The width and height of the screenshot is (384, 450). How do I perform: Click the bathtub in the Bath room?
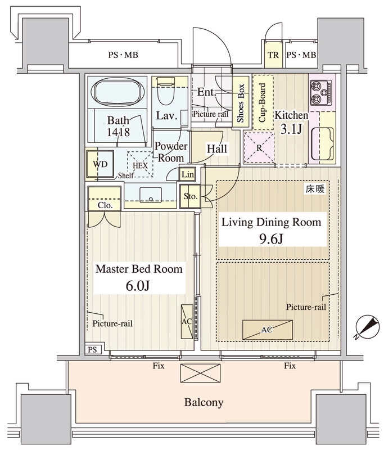pos(117,93)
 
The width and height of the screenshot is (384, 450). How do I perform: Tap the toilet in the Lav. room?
pos(166,91)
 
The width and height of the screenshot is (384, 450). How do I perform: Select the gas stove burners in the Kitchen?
pos(321,93)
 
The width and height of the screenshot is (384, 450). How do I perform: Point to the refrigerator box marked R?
pos(259,148)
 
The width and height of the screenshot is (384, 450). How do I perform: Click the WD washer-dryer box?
pos(101,164)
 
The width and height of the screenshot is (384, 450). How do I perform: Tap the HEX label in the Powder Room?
pos(140,165)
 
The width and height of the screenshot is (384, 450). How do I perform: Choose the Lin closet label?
pos(188,174)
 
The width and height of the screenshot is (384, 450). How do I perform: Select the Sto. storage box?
pos(190,196)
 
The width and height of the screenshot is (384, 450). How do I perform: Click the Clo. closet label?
pos(105,205)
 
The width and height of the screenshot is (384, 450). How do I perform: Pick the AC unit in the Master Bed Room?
pos(187,321)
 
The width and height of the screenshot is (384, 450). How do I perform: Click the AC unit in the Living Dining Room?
pos(267,330)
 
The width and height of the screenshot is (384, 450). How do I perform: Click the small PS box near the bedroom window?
pos(93,349)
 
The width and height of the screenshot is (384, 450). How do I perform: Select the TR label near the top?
pos(273,55)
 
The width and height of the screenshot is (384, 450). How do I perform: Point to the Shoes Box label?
pos(240,102)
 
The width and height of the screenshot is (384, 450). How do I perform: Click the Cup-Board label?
pos(263,102)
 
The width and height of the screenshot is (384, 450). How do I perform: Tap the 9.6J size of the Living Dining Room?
pos(271,238)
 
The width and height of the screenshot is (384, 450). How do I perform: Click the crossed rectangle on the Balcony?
pos(201,373)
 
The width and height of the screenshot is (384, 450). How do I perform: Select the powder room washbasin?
pos(150,195)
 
